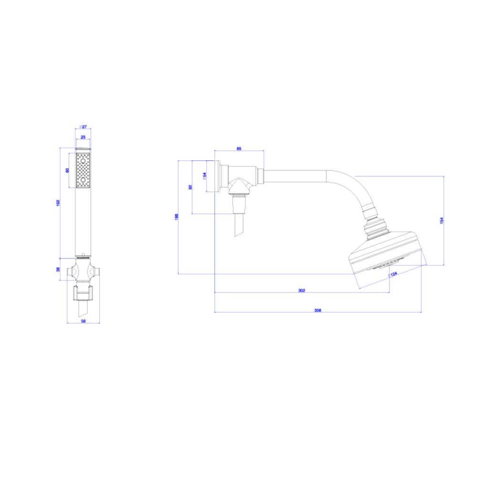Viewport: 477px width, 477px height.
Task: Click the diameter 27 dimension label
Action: [x=83, y=127]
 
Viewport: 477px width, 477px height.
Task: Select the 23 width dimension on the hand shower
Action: [x=83, y=137]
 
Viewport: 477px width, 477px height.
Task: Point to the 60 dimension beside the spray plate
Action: [x=68, y=170]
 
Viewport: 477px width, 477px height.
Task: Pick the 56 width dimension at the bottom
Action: [x=83, y=321]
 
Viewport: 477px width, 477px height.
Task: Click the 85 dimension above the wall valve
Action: [x=239, y=149]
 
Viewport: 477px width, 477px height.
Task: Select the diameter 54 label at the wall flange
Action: [x=205, y=176]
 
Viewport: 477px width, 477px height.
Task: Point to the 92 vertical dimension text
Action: [x=190, y=187]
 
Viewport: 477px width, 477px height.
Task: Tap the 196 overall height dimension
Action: [x=176, y=217]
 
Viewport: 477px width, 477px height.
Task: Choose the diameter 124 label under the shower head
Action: [x=393, y=274]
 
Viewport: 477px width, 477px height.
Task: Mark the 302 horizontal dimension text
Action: [x=301, y=290]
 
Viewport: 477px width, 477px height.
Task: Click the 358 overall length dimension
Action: [x=318, y=310]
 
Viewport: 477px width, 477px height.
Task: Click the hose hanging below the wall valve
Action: [x=239, y=224]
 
